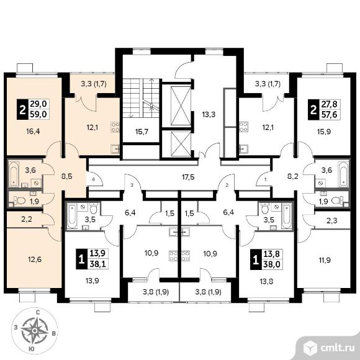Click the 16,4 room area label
pos(34,132)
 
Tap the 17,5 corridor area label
pos(188,178)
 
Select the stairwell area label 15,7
pos(142,132)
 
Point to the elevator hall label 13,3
pos(209,114)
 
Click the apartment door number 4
pos(94,179)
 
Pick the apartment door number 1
pos(266,179)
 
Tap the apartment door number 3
pos(132,186)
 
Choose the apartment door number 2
pos(227,186)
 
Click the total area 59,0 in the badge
pos(38,114)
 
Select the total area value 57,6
pos(329,114)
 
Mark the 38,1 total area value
pos(97,264)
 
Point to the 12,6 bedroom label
pos(35,259)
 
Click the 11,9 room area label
pos(324,260)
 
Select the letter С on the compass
pos(38,312)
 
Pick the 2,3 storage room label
pos(332,221)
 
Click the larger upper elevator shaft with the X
pos(181,106)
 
